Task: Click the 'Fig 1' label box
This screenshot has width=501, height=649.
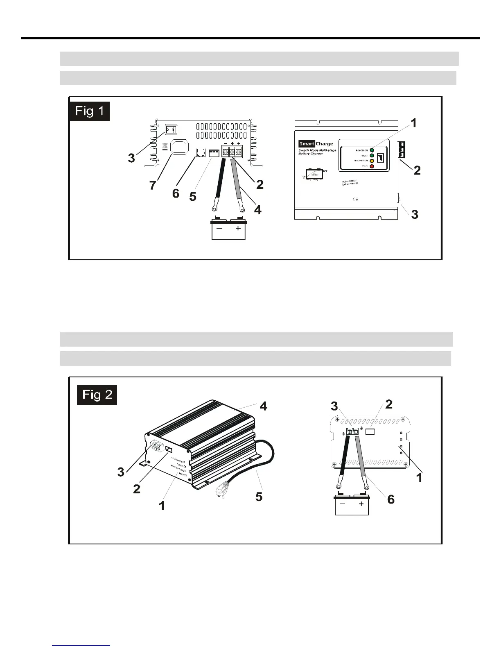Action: tap(90, 111)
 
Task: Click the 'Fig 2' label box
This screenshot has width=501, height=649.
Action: tap(97, 395)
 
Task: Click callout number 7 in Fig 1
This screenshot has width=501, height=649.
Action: tap(153, 185)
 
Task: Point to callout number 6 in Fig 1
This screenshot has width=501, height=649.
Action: tap(176, 193)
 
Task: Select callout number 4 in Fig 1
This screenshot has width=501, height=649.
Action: tap(257, 210)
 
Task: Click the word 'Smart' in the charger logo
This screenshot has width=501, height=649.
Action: tap(307, 144)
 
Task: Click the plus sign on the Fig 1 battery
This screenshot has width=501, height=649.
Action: tap(238, 229)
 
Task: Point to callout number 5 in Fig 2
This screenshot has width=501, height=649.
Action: tap(259, 497)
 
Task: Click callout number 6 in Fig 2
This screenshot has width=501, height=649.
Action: tap(391, 499)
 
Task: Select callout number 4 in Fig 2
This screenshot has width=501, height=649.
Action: tap(264, 406)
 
